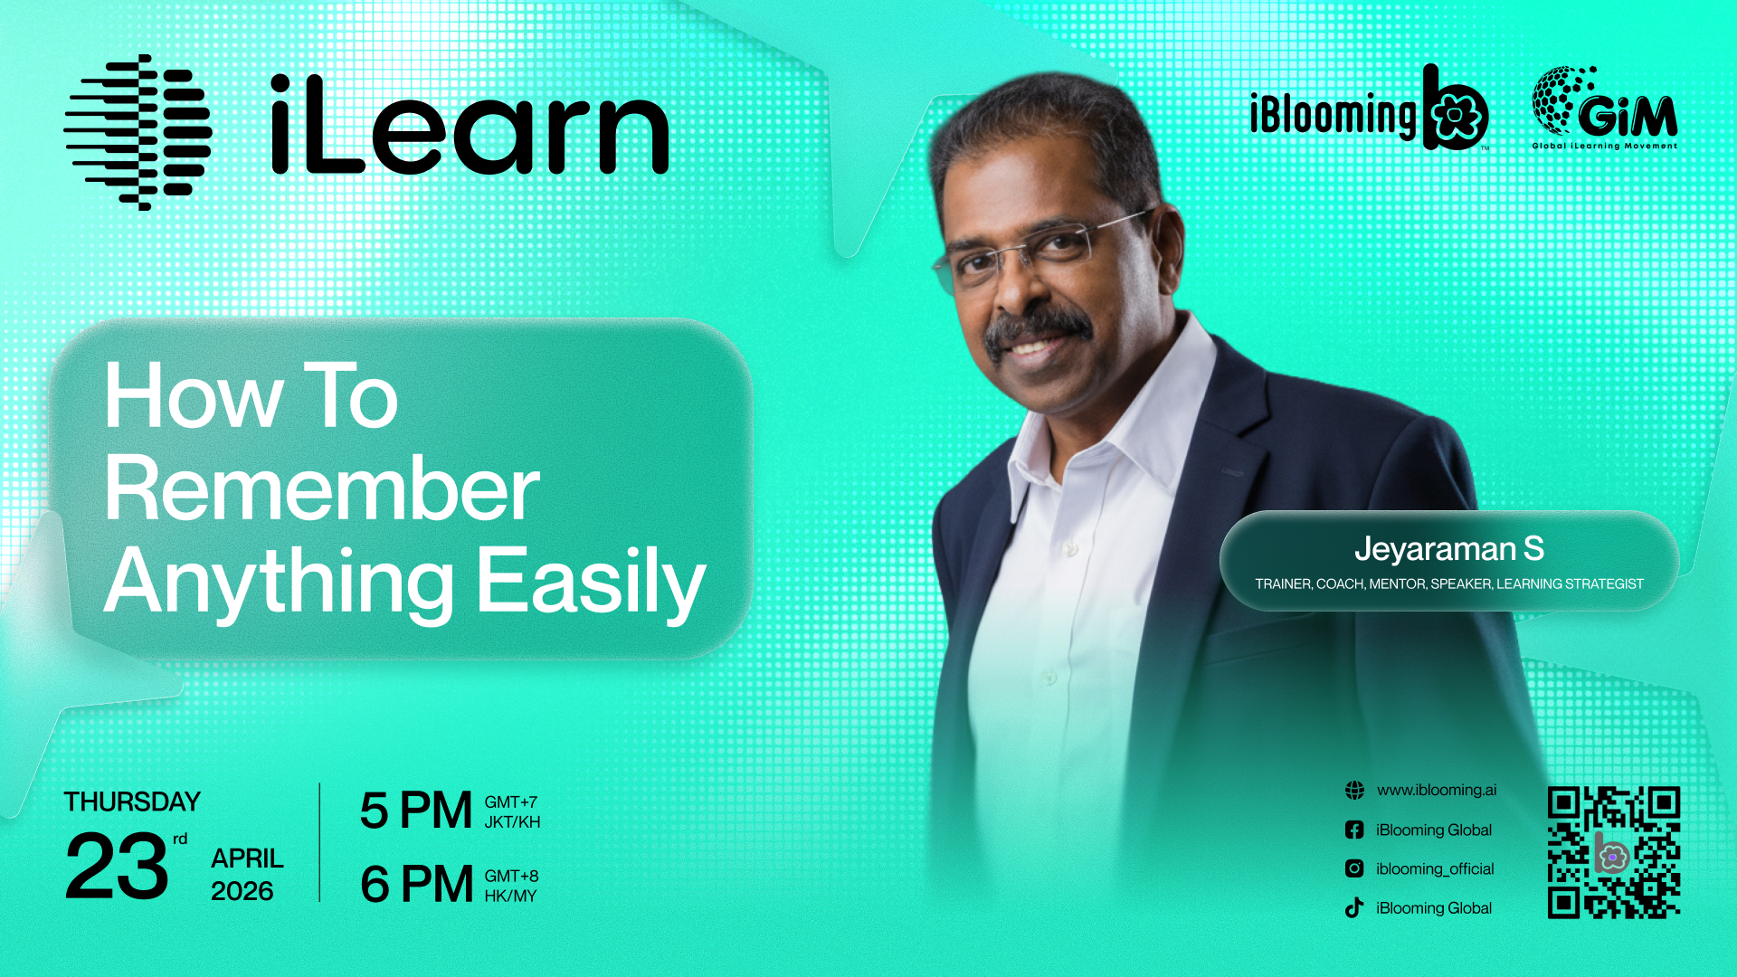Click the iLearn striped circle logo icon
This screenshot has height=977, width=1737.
tap(138, 132)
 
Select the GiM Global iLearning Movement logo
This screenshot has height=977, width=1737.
tap(1604, 108)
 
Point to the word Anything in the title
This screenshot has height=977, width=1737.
tap(280, 583)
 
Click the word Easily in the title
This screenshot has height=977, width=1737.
tap(591, 583)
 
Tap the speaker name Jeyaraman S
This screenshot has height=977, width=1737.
tap(1448, 548)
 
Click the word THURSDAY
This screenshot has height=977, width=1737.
tap(132, 802)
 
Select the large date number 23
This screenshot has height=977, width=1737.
tap(117, 867)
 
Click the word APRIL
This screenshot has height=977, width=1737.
tap(247, 858)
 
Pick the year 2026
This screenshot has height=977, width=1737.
tap(242, 891)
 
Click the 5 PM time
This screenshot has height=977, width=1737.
tap(416, 810)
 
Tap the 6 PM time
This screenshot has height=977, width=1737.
tap(416, 884)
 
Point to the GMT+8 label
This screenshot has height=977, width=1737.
tap(511, 876)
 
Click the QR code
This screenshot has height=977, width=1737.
tap(1614, 852)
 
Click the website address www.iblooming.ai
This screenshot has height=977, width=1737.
tap(1437, 790)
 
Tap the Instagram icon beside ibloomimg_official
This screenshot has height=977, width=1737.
tap(1354, 868)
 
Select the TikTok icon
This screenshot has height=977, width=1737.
tap(1354, 907)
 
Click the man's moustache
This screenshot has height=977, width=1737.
tap(1038, 327)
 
